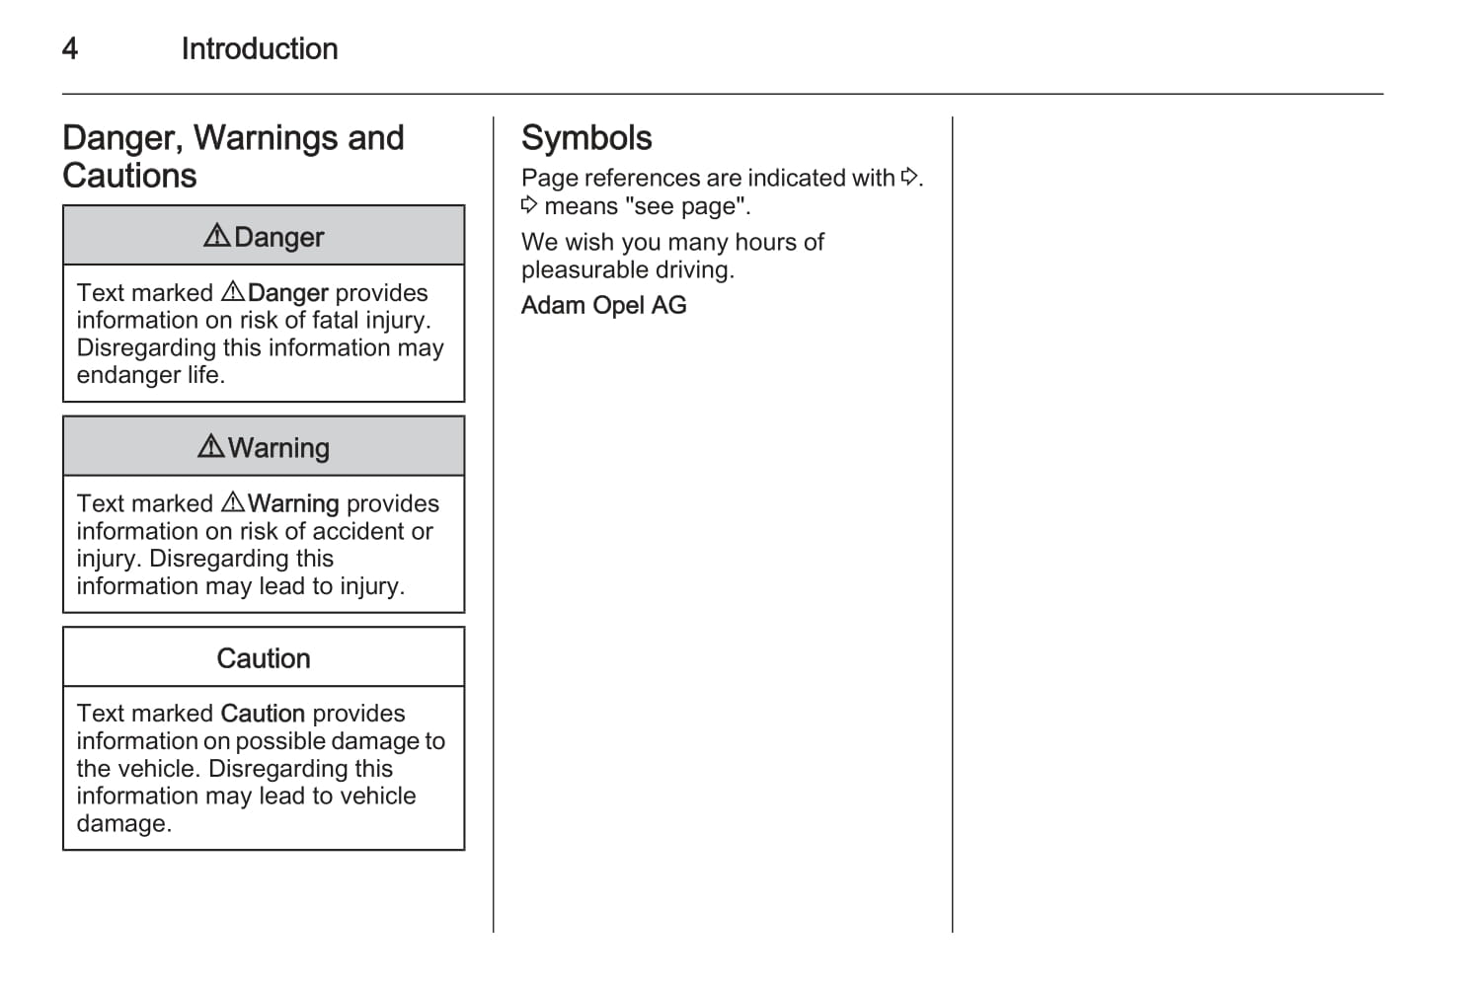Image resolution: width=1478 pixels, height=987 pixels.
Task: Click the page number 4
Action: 70,48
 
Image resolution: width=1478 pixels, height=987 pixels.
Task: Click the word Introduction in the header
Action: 259,48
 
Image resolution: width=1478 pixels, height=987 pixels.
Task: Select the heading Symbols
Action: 586,138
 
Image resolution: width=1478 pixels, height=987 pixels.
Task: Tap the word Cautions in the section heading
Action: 129,176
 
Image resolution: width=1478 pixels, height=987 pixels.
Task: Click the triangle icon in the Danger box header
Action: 216,236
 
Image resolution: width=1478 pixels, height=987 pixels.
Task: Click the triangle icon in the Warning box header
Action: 210,446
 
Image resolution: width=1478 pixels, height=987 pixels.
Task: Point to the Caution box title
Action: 264,658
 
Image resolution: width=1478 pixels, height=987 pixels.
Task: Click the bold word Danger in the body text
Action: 287,293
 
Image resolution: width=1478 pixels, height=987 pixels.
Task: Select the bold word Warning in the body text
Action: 293,503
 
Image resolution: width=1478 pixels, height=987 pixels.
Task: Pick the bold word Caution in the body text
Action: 263,714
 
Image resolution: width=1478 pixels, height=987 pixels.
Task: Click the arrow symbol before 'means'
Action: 529,205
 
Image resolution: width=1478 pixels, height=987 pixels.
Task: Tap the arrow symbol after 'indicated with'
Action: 909,177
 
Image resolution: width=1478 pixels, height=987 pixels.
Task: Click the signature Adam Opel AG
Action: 603,305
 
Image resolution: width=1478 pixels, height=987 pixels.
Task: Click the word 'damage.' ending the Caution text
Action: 123,823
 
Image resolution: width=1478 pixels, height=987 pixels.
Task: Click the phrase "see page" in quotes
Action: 686,206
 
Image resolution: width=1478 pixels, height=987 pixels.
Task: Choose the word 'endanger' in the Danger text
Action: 128,375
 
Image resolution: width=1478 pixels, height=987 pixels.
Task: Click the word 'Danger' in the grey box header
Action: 278,237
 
